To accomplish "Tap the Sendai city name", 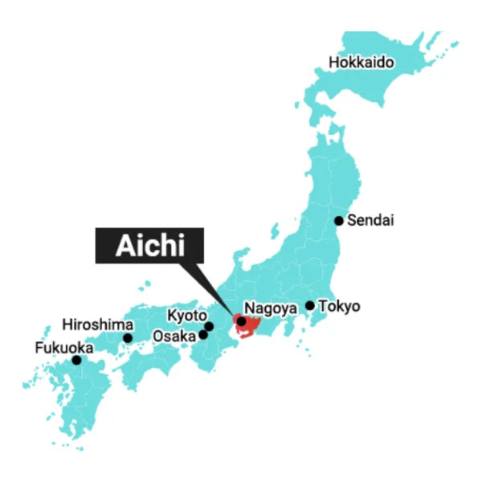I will coord(371,220).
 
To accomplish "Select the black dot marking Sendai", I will coord(339,221).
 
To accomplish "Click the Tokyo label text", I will coord(340,306).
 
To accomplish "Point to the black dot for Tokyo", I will coord(310,305).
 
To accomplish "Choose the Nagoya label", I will coord(271,308).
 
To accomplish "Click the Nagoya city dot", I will coord(241,321).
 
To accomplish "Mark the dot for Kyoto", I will coord(209,326).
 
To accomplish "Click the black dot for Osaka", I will coord(202,334).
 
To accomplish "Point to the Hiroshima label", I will coord(97,325).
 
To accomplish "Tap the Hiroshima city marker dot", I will coord(128,338).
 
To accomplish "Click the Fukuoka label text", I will coord(64,348).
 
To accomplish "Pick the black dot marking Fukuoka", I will coord(77,360).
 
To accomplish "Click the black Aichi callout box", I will coord(151,244).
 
